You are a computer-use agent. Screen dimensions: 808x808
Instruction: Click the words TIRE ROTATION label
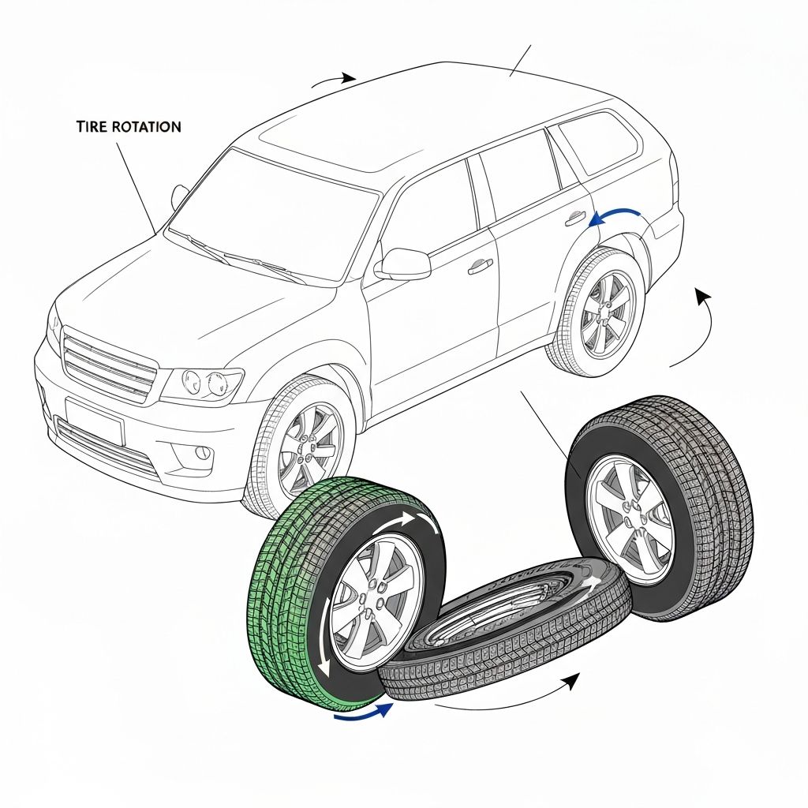tap(128, 126)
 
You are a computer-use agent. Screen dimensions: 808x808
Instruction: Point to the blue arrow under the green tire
tap(363, 712)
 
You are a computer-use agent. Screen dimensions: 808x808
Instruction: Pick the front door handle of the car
tap(481, 267)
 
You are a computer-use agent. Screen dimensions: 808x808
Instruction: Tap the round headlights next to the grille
tap(204, 383)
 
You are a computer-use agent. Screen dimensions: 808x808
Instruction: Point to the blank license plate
tap(95, 421)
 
